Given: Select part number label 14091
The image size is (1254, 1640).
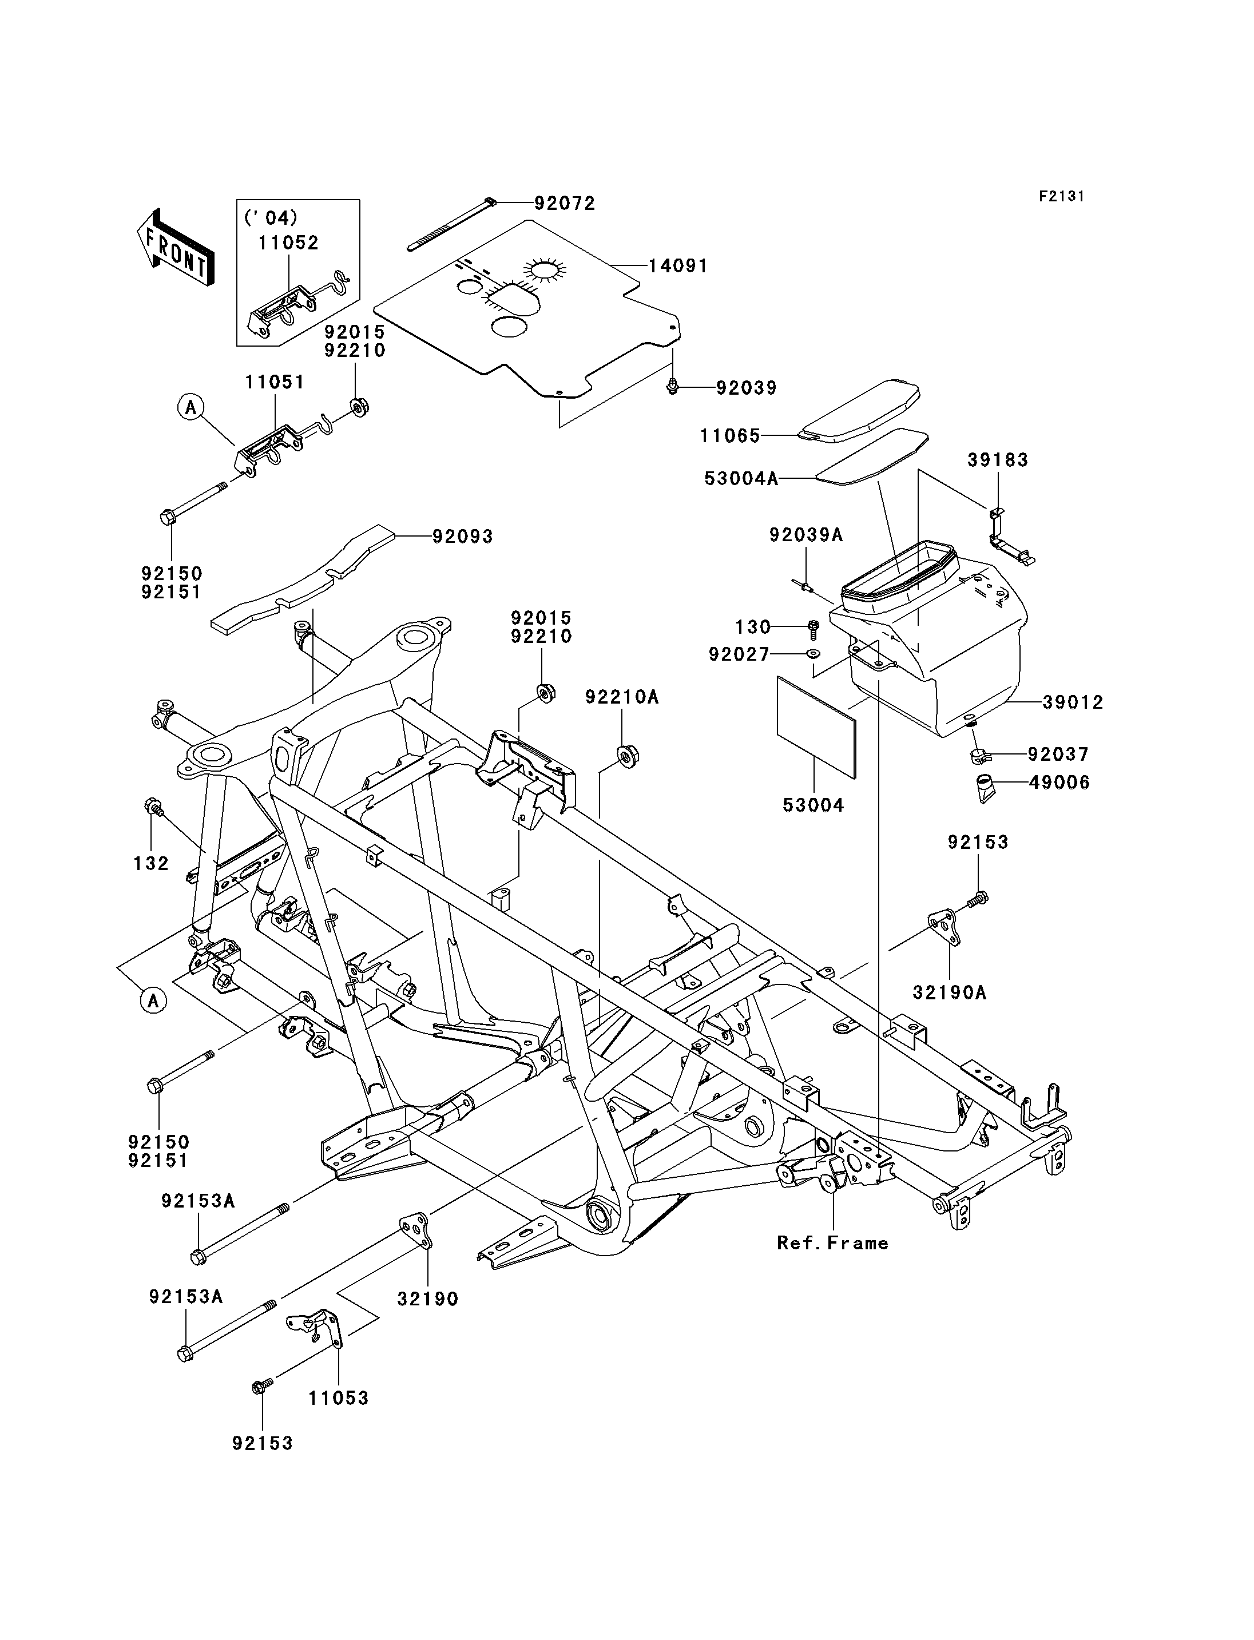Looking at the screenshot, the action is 678,266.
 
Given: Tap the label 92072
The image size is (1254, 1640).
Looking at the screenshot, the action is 565,204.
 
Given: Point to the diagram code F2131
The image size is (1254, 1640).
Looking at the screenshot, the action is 1061,196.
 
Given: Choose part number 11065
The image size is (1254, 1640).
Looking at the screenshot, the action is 730,435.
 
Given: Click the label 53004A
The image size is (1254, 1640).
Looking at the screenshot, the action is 741,478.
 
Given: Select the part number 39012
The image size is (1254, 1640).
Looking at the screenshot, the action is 1073,702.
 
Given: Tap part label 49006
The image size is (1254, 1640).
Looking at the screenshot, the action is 1059,783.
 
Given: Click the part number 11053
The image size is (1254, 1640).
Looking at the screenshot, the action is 339,1398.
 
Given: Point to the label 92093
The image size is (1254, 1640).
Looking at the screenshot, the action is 463,537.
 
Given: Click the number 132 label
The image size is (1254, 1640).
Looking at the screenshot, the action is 152,863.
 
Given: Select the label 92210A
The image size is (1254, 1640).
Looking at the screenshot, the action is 622,697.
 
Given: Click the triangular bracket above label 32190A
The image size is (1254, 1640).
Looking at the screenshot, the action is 945,926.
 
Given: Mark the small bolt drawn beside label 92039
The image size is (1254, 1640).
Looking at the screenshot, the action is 673,386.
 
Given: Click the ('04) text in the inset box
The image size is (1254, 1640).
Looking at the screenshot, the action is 270,217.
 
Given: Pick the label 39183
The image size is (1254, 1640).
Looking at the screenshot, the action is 998,460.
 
